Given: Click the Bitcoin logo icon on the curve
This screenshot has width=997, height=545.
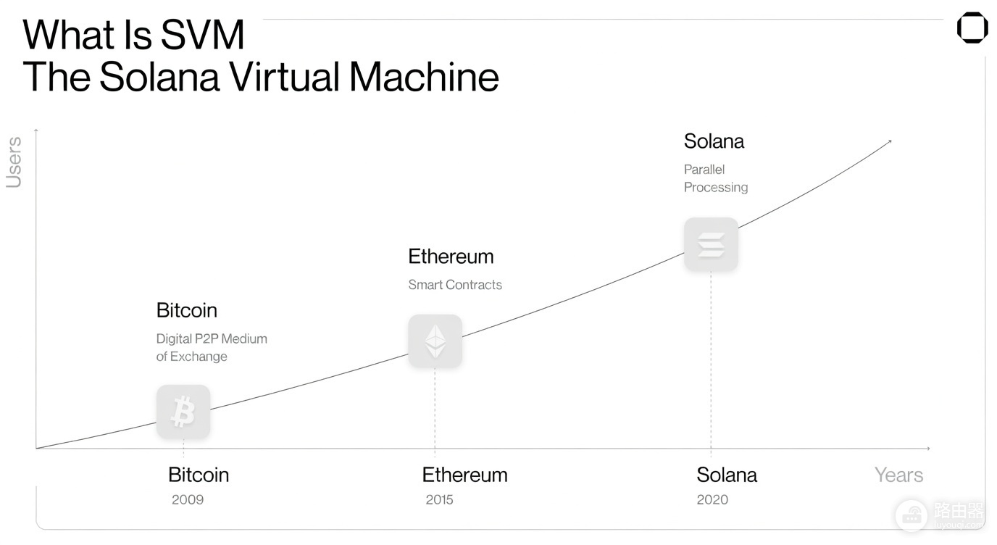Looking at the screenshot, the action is pos(183,412).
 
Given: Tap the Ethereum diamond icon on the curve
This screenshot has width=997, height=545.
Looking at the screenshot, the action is pos(435,341).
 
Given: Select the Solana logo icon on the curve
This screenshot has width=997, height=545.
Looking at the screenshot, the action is pos(712,244).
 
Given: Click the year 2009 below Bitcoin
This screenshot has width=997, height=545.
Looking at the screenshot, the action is pos(188,499).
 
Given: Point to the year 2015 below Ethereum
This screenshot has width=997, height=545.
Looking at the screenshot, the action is pos(439,499).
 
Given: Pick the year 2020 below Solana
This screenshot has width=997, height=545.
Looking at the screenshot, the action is pos(712,499).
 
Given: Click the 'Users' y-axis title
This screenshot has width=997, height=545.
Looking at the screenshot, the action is pos(14,162).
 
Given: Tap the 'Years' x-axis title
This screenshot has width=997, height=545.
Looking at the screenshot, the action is pos(899,475).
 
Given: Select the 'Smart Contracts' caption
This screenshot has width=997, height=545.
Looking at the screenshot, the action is pos(455,285).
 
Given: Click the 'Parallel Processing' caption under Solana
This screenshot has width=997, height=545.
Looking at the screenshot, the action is pos(716,178).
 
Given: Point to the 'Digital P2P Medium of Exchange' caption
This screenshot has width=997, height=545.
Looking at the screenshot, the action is pos(212,348).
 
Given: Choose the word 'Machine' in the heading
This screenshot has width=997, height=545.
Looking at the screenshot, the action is pos(424,77).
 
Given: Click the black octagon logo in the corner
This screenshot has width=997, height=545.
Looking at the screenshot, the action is pos(972,28).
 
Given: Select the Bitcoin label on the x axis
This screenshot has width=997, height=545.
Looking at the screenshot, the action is pos(199,475).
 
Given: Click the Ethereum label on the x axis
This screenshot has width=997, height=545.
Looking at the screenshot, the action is pos(464,475).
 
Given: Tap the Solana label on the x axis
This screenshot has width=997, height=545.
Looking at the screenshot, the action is pos(727,475).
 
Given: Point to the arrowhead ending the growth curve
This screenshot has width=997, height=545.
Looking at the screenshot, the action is pos(890,141).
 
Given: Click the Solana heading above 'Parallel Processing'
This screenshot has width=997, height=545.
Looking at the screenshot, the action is pos(714,141).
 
